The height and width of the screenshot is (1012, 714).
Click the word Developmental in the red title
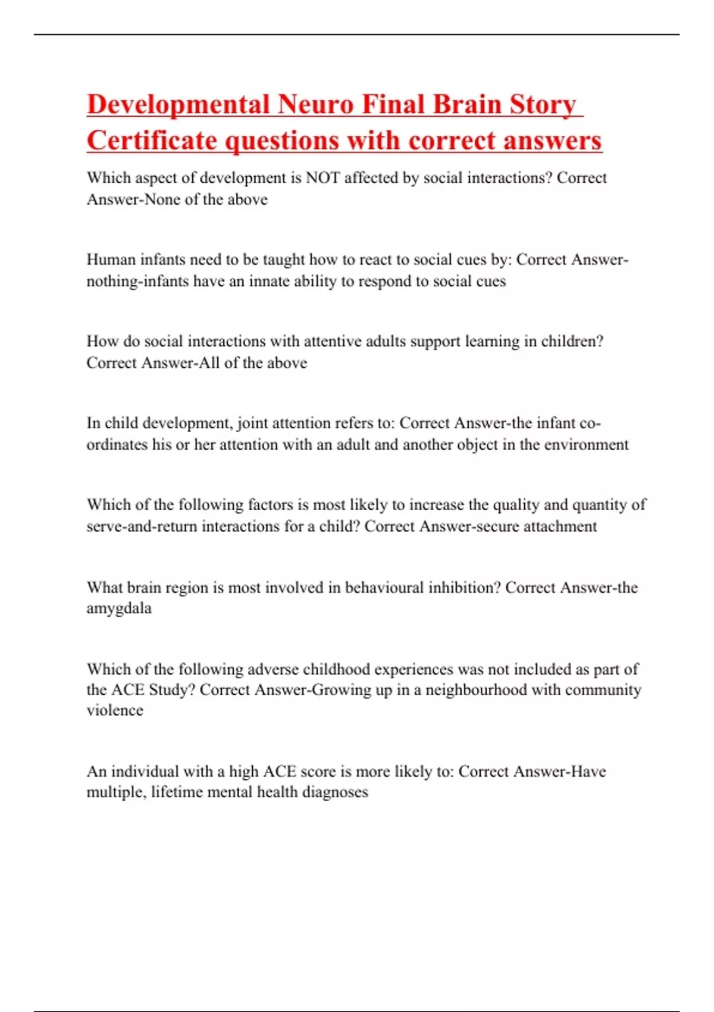pos(178,105)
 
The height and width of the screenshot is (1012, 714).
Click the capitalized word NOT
pos(322,178)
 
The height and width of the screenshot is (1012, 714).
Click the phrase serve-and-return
pos(142,526)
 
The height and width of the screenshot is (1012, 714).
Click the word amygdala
pos(119,608)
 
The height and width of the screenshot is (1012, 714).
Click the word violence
pos(115,710)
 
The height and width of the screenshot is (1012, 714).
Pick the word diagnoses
pos(335,792)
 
